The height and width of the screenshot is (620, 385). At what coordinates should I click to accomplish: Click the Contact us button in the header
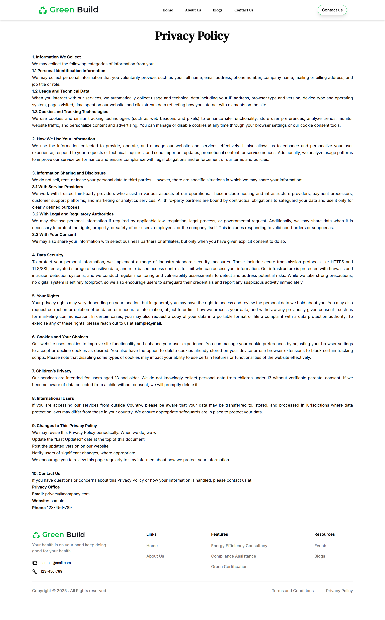tap(332, 10)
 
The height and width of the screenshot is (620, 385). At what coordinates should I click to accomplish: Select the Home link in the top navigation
tap(168, 10)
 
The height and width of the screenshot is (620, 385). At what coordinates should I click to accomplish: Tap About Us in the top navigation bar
tap(193, 10)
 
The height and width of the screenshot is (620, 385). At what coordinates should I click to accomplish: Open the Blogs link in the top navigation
tap(217, 10)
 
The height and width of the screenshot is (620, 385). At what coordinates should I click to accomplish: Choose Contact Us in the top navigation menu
tap(243, 10)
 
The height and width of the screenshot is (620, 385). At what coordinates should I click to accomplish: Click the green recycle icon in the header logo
tap(43, 10)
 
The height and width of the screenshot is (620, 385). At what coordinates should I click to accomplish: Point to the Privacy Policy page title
tap(192, 36)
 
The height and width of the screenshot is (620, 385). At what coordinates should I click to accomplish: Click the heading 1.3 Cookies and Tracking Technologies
tap(70, 112)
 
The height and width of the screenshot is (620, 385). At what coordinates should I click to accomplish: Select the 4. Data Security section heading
tap(48, 255)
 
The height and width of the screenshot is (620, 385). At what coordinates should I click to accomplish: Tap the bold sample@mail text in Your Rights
tap(148, 323)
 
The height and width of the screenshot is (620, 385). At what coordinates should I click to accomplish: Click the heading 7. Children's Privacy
tap(52, 371)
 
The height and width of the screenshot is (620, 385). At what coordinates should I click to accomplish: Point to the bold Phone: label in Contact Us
tap(39, 508)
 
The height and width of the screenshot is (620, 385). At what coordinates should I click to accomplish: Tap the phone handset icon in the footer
tap(35, 571)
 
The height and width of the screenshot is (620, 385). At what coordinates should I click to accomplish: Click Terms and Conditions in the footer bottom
tap(293, 591)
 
